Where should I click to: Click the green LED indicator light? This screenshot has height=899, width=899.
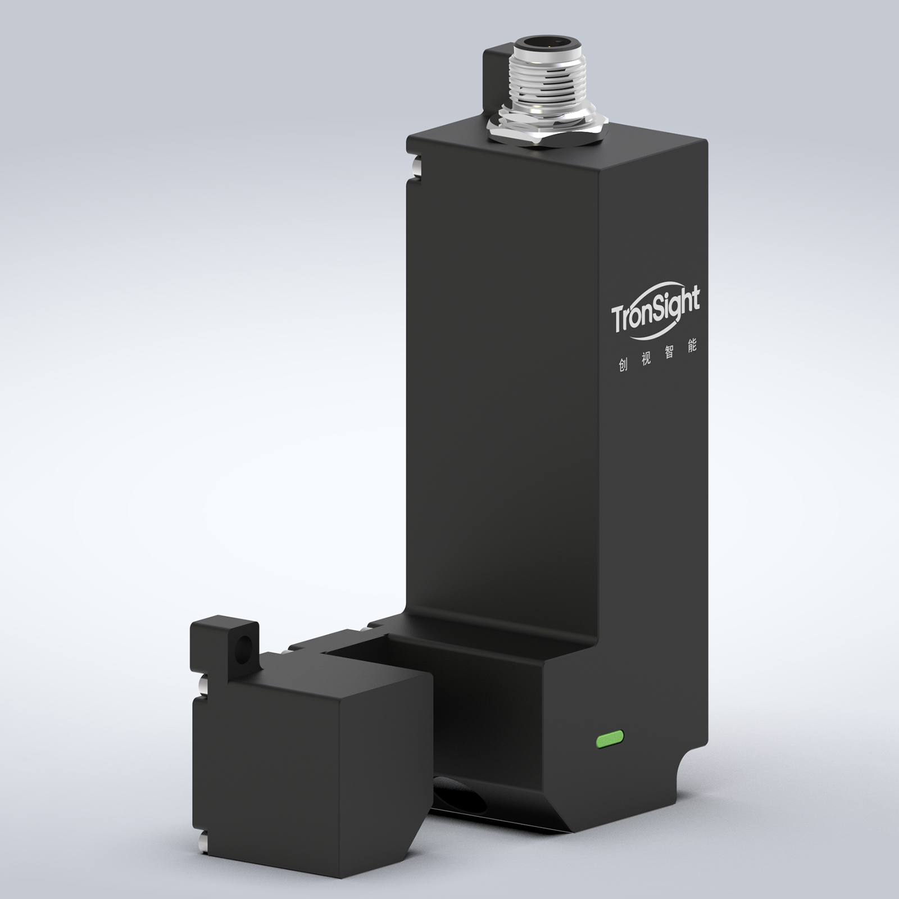(x=612, y=740)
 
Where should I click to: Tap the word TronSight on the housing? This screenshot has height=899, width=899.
(x=656, y=313)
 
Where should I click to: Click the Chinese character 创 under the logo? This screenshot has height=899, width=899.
(x=623, y=364)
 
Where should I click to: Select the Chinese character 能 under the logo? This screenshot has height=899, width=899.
(x=692, y=346)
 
